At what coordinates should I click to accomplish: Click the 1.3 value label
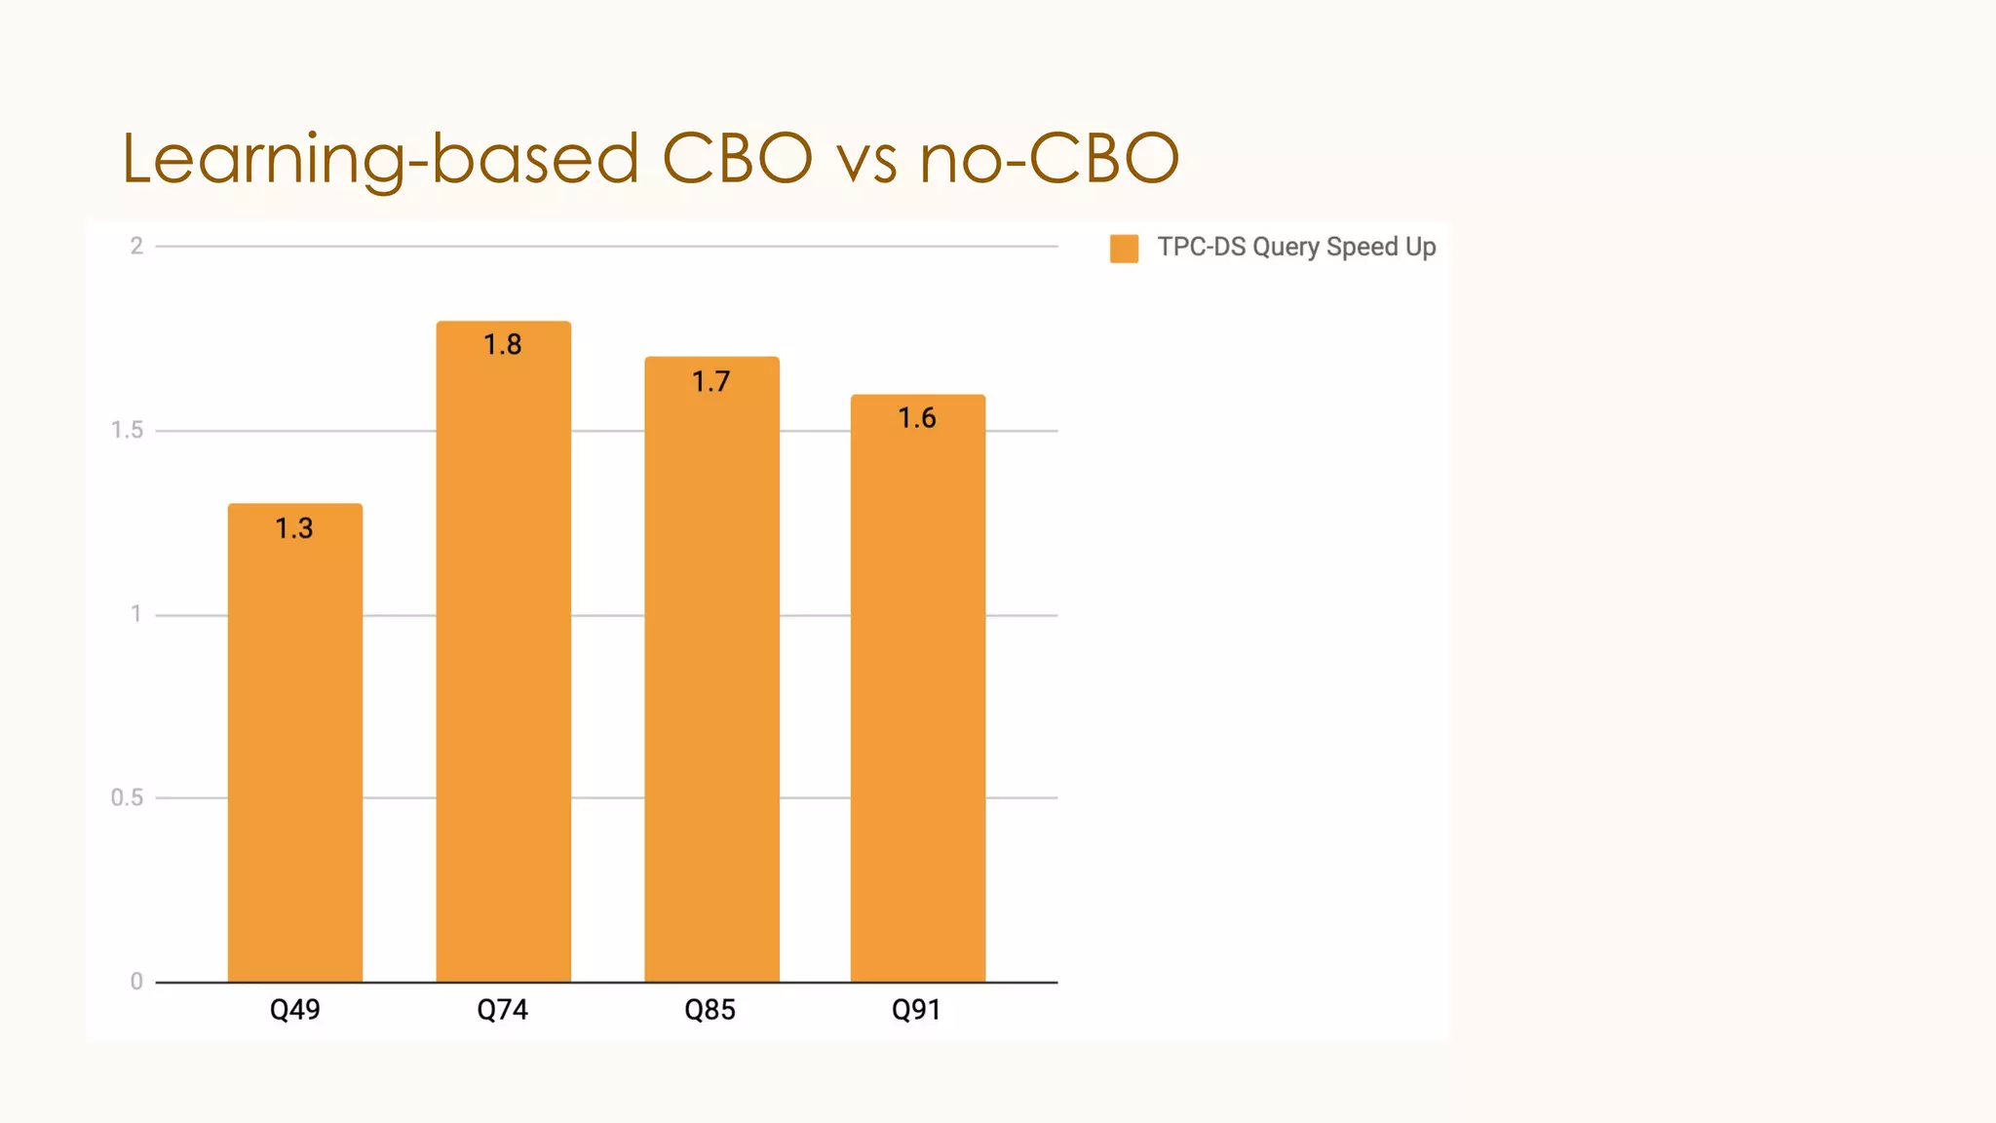[x=294, y=528]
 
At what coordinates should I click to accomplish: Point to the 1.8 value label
[x=503, y=345]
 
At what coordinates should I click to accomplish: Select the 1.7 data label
[x=710, y=381]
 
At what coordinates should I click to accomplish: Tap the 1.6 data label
[x=917, y=418]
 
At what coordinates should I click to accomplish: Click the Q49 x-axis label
[x=295, y=1009]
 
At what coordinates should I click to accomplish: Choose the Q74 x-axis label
[x=503, y=1009]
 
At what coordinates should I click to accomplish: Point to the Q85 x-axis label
[x=710, y=1009]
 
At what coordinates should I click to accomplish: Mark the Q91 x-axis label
[x=917, y=1009]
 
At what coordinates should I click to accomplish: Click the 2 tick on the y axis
[x=136, y=246]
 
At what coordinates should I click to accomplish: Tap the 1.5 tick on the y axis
[x=127, y=430]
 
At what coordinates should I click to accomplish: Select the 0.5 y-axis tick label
[x=127, y=797]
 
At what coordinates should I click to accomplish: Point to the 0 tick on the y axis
[x=136, y=982]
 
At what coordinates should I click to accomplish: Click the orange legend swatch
[x=1124, y=249]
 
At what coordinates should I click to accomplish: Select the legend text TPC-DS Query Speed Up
[x=1296, y=247]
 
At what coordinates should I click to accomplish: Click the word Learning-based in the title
[x=380, y=158]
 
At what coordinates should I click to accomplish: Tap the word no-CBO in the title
[x=1049, y=158]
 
